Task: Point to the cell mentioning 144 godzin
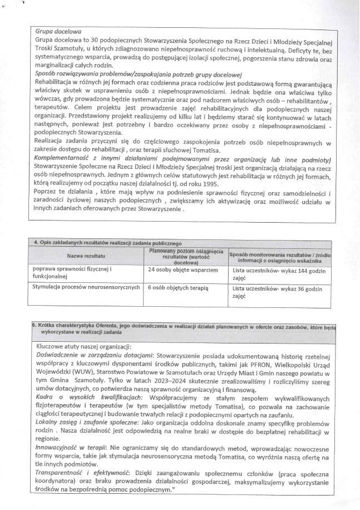pyautogui.click(x=279, y=273)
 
